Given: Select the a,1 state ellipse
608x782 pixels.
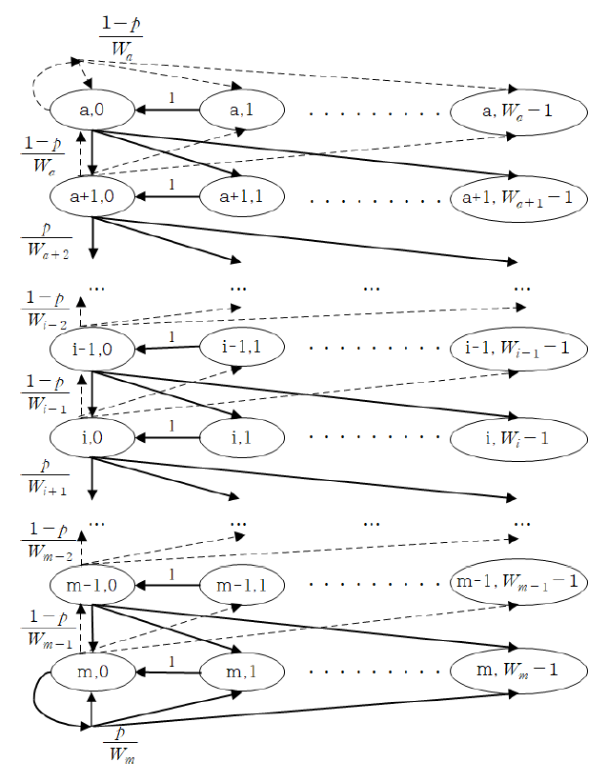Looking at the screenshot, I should [x=241, y=110].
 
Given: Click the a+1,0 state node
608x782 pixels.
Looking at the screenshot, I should [x=91, y=197].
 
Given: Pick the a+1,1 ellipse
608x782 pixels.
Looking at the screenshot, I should [x=241, y=197].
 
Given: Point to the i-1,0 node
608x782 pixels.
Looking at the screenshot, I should [x=91, y=350].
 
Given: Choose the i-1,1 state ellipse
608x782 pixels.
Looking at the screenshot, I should [x=241, y=350].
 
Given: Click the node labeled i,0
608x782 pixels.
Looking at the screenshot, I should [x=91, y=436].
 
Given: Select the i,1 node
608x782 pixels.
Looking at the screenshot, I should [x=241, y=436].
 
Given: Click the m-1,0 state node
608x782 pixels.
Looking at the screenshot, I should [x=91, y=584].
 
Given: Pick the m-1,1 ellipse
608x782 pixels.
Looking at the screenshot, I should [x=241, y=584].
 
